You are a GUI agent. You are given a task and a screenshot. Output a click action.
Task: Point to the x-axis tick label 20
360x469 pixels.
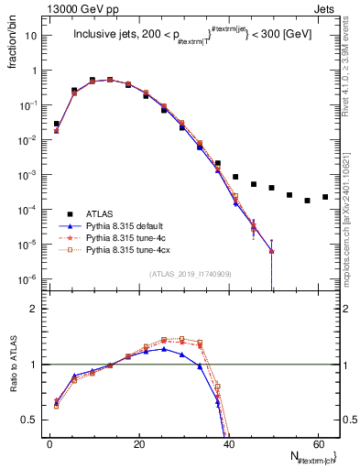point(138,444)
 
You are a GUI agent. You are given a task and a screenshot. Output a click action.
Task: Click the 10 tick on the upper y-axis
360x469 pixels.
point(32,36)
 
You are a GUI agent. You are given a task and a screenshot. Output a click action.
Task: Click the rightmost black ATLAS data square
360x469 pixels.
point(325,197)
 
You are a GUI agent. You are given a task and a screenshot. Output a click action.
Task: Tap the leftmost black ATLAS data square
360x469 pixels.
point(56,124)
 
